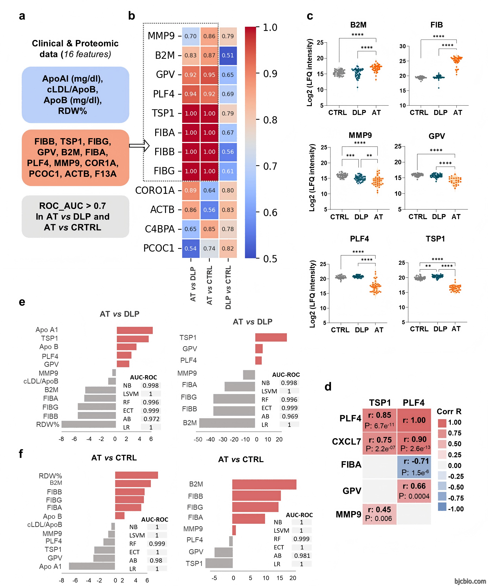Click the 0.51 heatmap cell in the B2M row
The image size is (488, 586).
tap(228, 55)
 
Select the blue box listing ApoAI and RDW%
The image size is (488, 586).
tap(75, 95)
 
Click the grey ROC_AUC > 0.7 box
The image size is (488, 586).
tap(75, 217)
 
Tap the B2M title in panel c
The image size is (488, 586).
tap(358, 25)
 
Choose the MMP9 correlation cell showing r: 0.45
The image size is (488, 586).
tap(379, 514)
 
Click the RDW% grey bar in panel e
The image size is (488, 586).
tap(89, 424)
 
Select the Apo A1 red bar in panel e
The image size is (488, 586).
tap(135, 330)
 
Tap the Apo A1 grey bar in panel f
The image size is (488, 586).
tap(92, 566)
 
